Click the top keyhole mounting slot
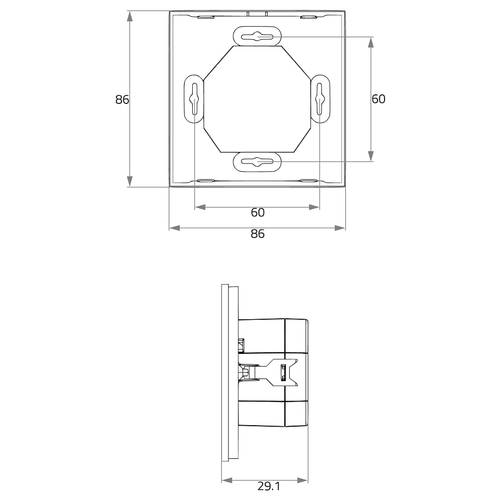pos(257,37)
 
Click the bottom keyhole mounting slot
pos(257,162)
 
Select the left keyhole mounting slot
pos(194,99)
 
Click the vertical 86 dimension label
pos(122,100)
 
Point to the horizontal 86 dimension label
pos(258,234)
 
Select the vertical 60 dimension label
pos(379,99)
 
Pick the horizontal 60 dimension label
pos(258,212)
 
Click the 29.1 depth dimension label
pos(269,486)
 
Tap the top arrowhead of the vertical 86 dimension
pos(130,17)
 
